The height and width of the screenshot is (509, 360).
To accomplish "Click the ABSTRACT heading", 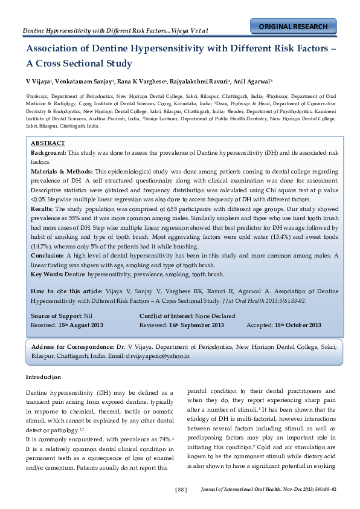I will click(x=48, y=143).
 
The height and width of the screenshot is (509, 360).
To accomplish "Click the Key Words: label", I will click(x=47, y=274).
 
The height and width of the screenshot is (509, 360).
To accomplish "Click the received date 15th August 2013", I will click(x=81, y=325).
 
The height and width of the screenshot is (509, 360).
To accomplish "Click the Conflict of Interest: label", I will click(x=166, y=316).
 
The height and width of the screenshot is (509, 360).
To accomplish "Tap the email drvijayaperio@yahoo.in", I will click(x=158, y=356).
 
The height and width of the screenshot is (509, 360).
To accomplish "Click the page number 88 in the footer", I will click(x=181, y=488).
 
